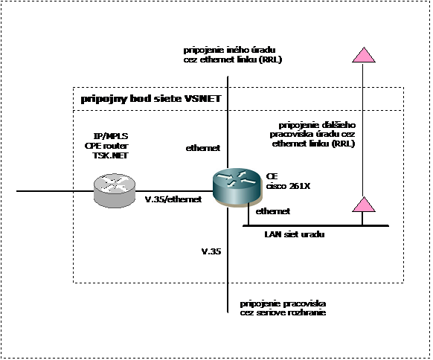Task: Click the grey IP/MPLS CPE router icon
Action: [115, 190]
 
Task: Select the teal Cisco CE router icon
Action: [237, 187]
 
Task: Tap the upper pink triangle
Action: [364, 55]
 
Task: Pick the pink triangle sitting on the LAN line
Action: [364, 205]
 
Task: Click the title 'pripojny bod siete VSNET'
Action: [151, 99]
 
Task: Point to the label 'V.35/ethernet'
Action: [173, 199]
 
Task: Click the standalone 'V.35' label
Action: [211, 251]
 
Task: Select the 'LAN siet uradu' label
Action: [295, 234]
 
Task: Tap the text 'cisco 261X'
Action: [288, 186]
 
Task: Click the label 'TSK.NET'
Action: [110, 155]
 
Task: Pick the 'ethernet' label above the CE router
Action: [203, 148]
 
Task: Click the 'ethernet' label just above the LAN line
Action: [273, 211]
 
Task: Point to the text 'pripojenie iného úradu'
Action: [229, 51]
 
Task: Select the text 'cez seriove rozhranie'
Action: [283, 313]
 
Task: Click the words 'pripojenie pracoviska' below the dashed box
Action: [283, 303]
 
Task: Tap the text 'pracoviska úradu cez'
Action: [312, 135]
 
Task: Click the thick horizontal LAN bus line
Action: [316, 226]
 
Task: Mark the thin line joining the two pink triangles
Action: [362, 129]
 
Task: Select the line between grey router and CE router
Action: [174, 190]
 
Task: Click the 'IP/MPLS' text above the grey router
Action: [111, 136]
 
